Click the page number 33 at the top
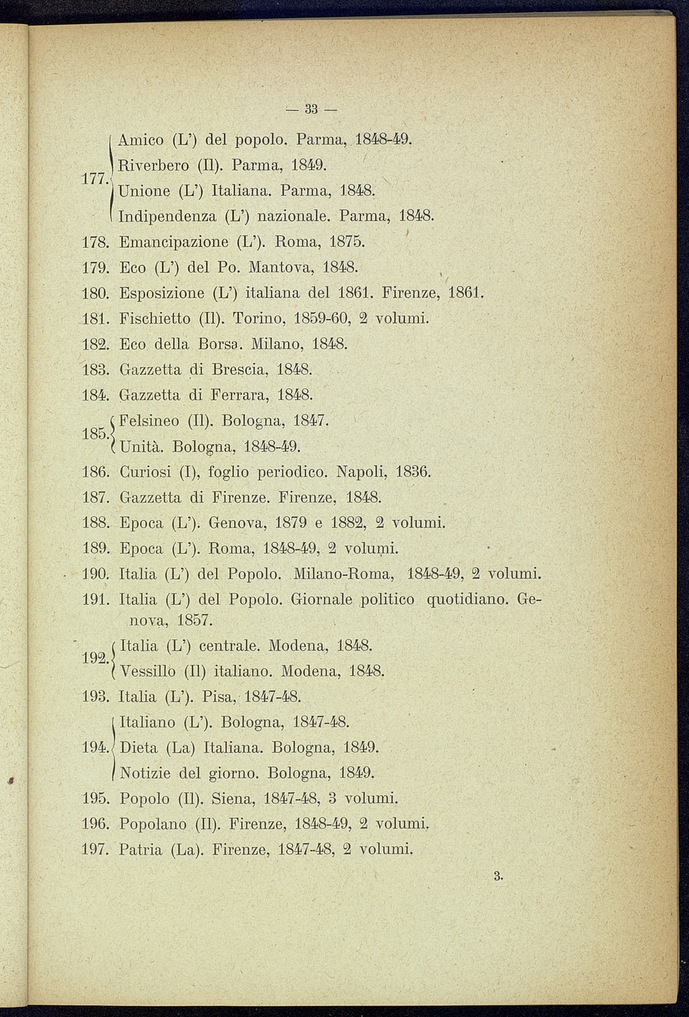point(312,109)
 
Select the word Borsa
point(223,344)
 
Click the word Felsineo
point(151,421)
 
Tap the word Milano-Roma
point(343,574)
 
